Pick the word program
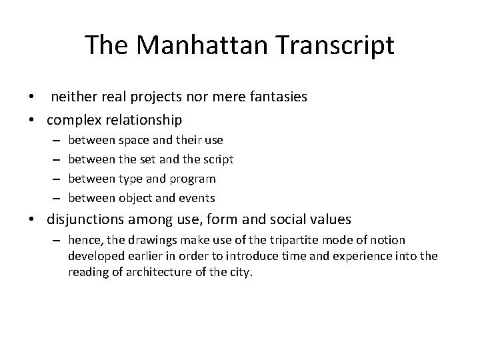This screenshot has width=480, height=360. point(193,179)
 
